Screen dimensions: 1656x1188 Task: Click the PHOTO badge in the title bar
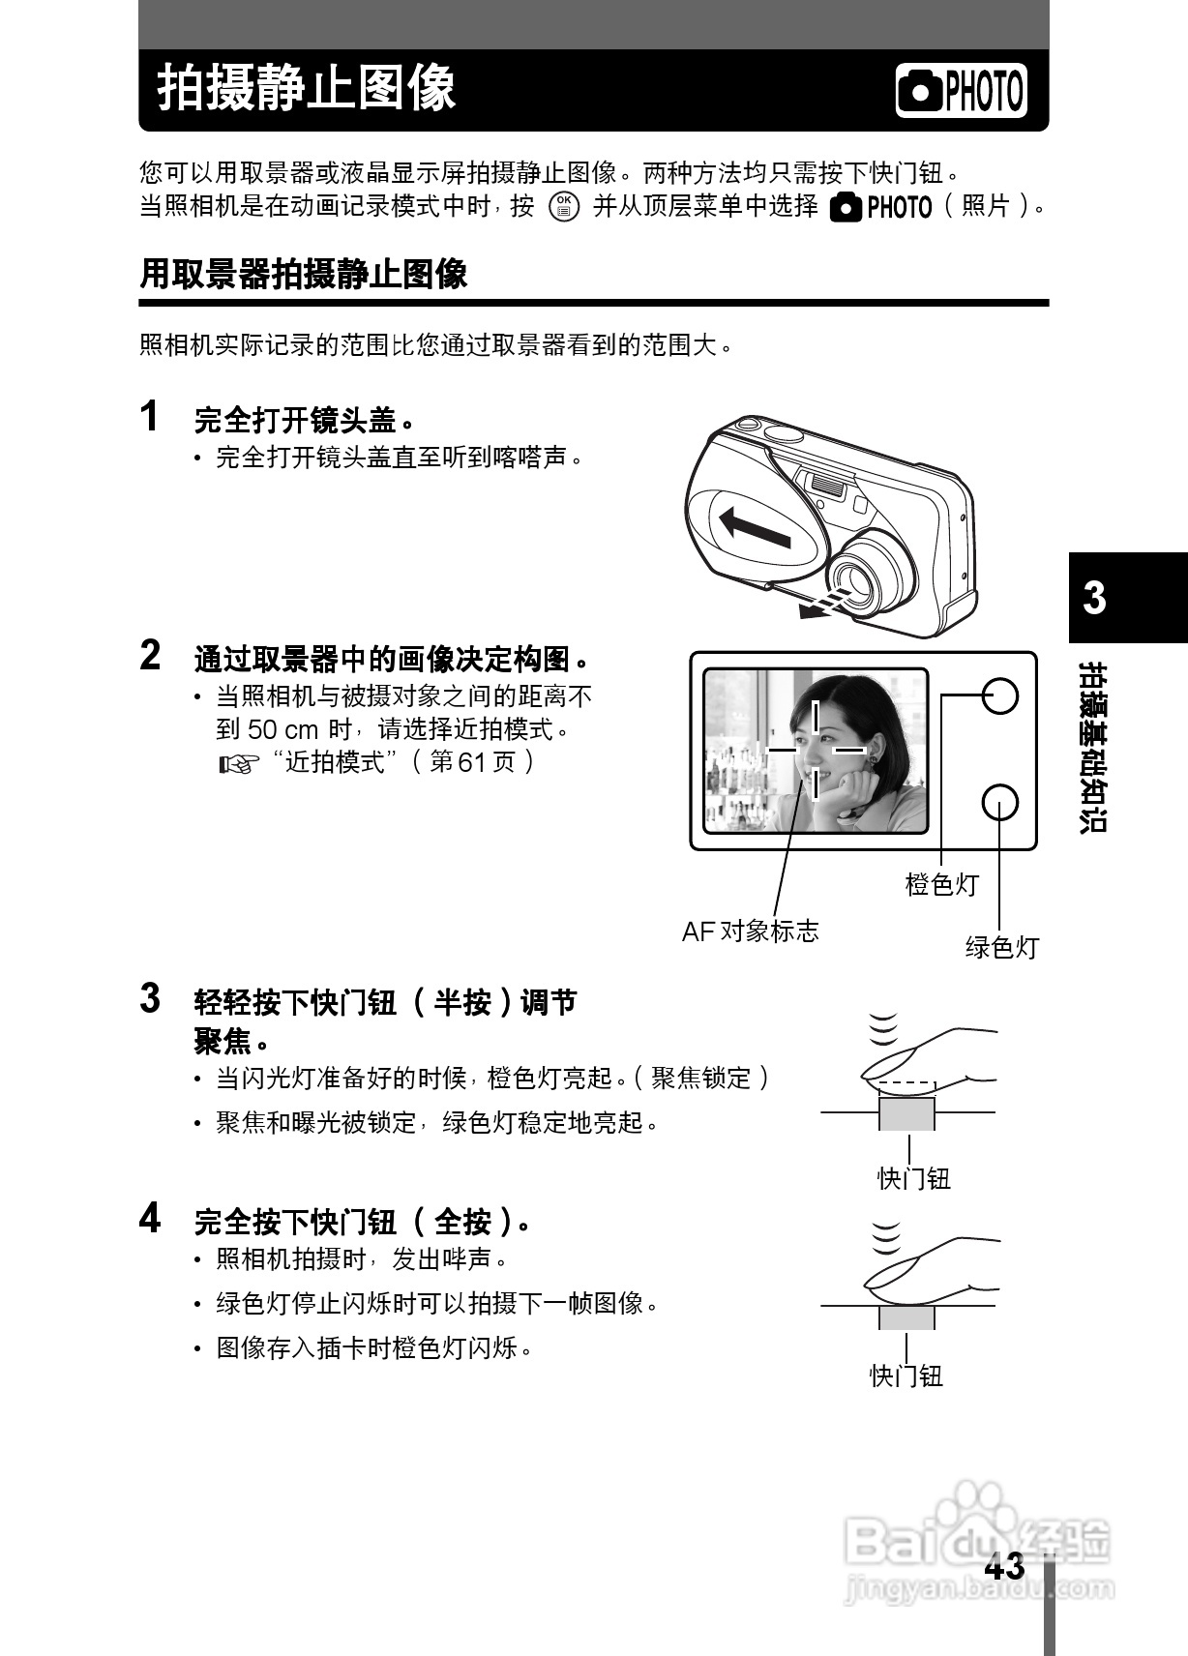[x=961, y=91]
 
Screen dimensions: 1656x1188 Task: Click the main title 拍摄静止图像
[x=306, y=89]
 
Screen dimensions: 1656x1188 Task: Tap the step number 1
[x=150, y=416]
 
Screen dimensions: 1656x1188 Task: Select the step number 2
[x=150, y=656]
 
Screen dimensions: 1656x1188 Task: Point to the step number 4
[x=150, y=1218]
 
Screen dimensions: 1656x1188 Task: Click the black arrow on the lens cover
[x=756, y=528]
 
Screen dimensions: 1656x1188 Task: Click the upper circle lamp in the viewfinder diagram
[x=1000, y=695]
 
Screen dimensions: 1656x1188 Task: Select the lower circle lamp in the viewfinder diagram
[x=999, y=802]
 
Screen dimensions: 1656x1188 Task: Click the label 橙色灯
[x=941, y=884]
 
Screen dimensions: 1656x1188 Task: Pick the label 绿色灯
[x=1001, y=947]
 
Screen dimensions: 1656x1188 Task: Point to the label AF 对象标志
[x=750, y=931]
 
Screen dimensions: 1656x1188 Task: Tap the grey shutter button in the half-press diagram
[x=906, y=1113]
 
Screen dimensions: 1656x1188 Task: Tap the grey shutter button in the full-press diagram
[x=906, y=1317]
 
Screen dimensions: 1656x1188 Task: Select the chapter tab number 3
[x=1094, y=598]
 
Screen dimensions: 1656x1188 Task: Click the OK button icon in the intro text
[x=564, y=206]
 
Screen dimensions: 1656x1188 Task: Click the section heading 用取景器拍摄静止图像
[x=304, y=275]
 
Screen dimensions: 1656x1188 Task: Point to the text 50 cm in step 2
[x=283, y=729]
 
